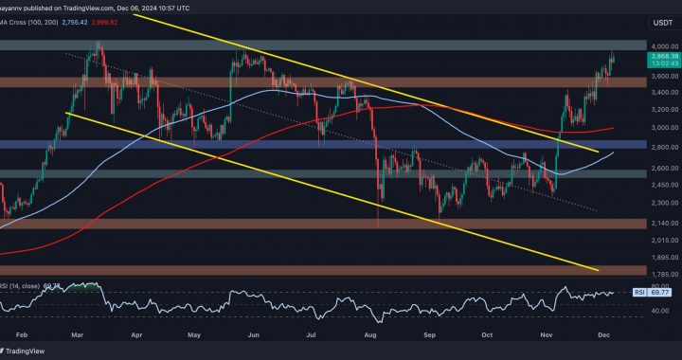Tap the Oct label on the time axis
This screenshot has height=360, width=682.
[489, 334]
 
